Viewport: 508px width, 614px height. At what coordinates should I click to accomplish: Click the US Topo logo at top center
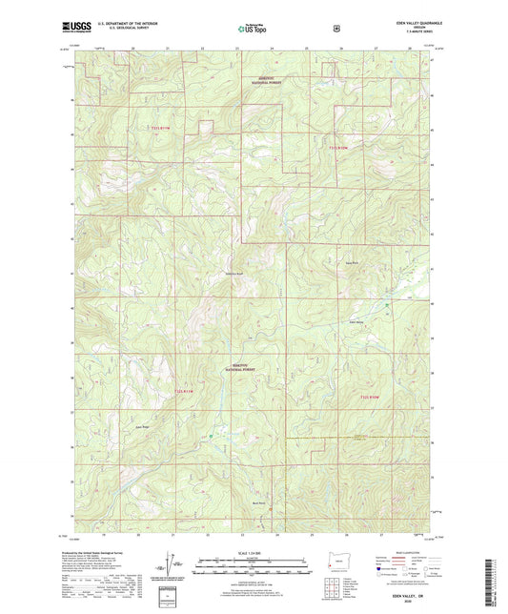[253, 29]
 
